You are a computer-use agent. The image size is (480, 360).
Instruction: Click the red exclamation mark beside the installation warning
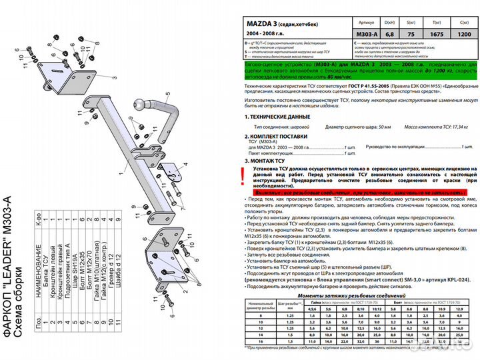pyautogui.click(x=241, y=176)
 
